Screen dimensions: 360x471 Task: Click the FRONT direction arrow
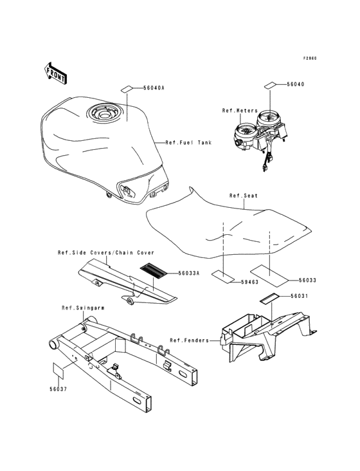(x=55, y=73)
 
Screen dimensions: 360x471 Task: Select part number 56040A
(x=154, y=88)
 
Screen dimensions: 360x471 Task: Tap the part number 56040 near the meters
(x=296, y=84)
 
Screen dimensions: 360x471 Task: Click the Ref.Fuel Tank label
(x=188, y=142)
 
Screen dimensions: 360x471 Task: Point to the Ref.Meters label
(x=240, y=111)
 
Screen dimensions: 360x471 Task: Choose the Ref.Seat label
(x=244, y=196)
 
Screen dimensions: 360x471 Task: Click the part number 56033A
(x=189, y=273)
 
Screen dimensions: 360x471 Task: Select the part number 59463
(x=249, y=282)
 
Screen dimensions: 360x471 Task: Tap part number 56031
(x=299, y=296)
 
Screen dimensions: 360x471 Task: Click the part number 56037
(x=59, y=389)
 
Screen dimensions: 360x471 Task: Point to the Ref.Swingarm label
(x=83, y=308)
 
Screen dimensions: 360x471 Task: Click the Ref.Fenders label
(x=189, y=340)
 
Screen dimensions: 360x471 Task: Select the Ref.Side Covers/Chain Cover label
(x=106, y=253)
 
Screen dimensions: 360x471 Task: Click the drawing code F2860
(x=310, y=59)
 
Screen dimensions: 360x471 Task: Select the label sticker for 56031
(x=270, y=299)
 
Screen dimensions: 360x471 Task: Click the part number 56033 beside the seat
(x=307, y=280)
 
